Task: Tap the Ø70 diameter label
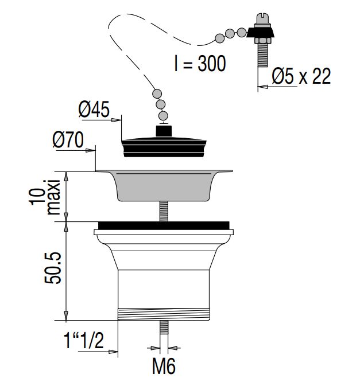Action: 68,139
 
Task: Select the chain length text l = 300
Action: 200,64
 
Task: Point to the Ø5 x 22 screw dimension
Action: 301,76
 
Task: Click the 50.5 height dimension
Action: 52,268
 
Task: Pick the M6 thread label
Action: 164,366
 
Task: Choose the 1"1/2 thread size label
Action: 84,341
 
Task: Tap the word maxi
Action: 53,197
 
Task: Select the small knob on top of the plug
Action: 164,130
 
